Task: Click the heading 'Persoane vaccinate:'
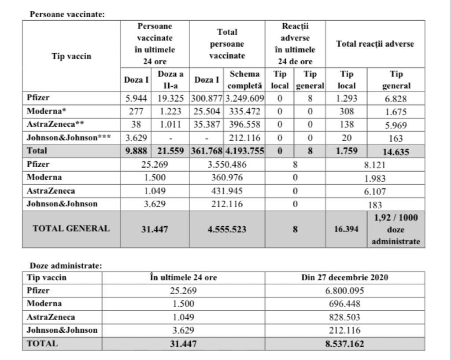[x=67, y=14]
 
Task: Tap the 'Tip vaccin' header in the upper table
[x=71, y=56]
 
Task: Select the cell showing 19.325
[x=170, y=99]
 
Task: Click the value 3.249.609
[x=244, y=99]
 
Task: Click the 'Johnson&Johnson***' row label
[x=68, y=138]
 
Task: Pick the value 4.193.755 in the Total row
[x=244, y=151]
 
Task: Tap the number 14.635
[x=396, y=152]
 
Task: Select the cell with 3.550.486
[x=227, y=165]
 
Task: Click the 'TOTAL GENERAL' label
[x=71, y=229]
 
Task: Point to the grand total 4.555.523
[x=227, y=229]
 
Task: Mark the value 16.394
[x=346, y=229]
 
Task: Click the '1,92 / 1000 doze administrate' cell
[x=396, y=229]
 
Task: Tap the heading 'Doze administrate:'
[x=66, y=266]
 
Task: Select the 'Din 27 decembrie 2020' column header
[x=345, y=278]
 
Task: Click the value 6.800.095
[x=345, y=291]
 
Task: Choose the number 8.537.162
[x=345, y=344]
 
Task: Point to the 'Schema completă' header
[x=244, y=80]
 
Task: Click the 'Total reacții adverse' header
[x=375, y=44]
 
